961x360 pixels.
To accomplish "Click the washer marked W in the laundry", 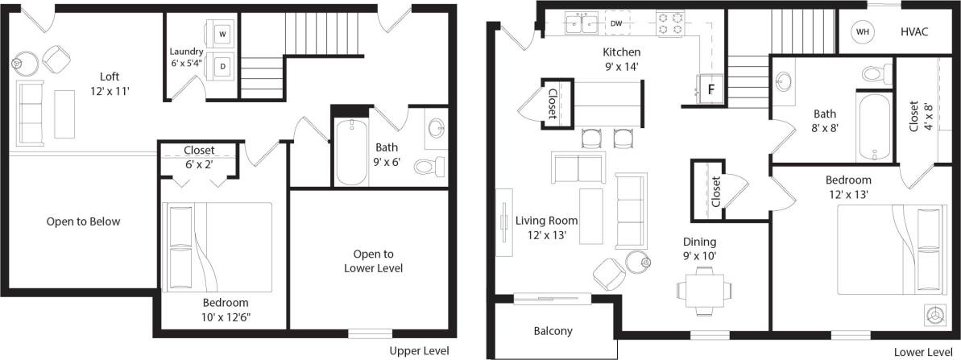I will (222, 35).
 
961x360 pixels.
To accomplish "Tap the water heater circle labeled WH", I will (863, 31).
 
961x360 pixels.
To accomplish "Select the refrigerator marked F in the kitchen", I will (710, 88).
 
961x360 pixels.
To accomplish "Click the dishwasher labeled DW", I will (616, 24).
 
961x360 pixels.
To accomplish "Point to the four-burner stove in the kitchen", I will (669, 24).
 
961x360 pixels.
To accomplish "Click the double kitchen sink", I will (581, 24).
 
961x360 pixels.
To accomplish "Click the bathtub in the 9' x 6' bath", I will (352, 151).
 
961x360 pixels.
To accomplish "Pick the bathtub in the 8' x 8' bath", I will (874, 127).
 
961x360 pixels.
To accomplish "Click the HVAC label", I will (914, 31).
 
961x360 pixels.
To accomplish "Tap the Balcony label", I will (553, 331).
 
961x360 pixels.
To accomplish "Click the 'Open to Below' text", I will (83, 221).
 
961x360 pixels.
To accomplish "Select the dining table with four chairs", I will (704, 288).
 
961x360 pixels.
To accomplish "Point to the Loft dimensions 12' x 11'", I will (110, 91).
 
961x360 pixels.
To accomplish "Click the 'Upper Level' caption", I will (419, 351).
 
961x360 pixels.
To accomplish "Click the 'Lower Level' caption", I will (922, 352).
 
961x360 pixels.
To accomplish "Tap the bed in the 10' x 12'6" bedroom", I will (217, 246).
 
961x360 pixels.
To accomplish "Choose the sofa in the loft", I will (31, 113).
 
